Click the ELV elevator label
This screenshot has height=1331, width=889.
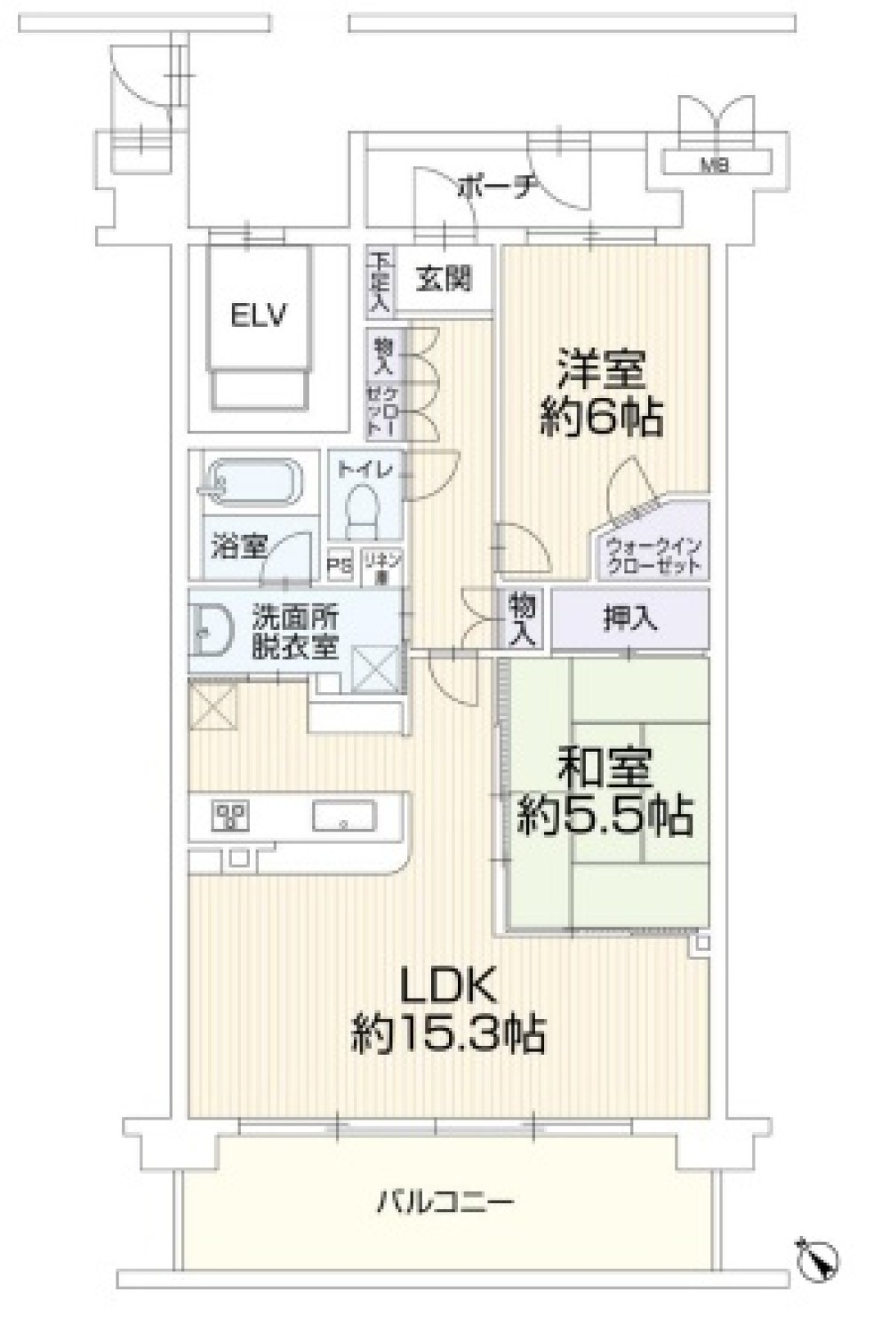pos(259,315)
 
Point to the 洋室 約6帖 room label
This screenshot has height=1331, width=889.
pos(601,392)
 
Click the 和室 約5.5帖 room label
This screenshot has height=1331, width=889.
pos(605,792)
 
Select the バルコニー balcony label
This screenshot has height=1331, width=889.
pos(445,1204)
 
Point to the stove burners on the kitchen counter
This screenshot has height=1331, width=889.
pos(229,816)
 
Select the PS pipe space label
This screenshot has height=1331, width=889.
pos(340,565)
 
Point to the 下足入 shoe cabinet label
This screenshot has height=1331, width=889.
pos(380,283)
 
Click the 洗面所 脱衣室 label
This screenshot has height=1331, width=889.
pos(294,631)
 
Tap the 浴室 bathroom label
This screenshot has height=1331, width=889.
pos(238,546)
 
